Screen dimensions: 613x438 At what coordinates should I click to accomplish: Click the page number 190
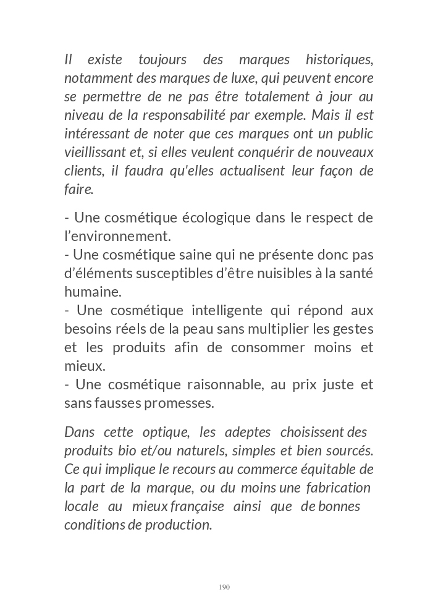point(224,586)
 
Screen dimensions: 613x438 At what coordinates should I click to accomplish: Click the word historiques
point(339,60)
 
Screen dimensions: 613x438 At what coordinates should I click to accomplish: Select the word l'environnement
point(117,236)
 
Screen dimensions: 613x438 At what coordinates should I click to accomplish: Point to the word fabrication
point(337,488)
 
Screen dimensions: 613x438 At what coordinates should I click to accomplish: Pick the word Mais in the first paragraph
point(325,116)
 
